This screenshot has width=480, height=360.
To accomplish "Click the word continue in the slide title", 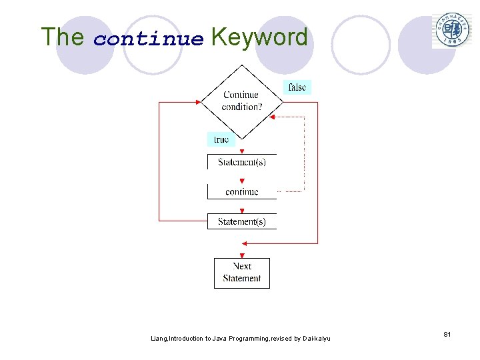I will (x=148, y=39).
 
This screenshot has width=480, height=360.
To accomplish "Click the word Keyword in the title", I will (x=259, y=37).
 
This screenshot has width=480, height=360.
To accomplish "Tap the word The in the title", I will (x=62, y=37).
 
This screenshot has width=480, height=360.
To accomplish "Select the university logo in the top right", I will (x=453, y=29).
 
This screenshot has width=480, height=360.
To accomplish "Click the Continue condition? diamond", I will (x=241, y=101).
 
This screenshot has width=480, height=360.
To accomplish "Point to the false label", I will (x=297, y=87).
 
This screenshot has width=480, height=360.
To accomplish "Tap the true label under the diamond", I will (x=221, y=139).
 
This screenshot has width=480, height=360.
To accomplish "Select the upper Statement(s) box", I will (x=241, y=162).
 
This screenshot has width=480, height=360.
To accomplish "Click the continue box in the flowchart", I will (x=241, y=191).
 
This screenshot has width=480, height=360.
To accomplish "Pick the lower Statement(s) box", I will (x=241, y=221).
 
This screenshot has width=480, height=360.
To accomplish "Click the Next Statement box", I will (x=241, y=273).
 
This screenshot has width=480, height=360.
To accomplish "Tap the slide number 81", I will (x=447, y=334).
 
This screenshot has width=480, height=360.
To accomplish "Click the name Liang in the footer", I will (x=159, y=339).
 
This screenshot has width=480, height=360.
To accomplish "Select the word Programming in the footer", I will (x=248, y=339).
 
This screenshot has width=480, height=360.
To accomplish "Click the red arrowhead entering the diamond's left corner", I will (x=198, y=102).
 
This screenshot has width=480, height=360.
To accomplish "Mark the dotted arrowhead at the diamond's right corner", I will (x=273, y=117).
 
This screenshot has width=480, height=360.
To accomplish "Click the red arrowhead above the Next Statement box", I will (x=242, y=255).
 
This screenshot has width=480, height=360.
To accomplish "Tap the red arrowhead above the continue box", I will (x=242, y=181).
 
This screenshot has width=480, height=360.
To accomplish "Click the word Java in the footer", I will (x=219, y=339).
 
